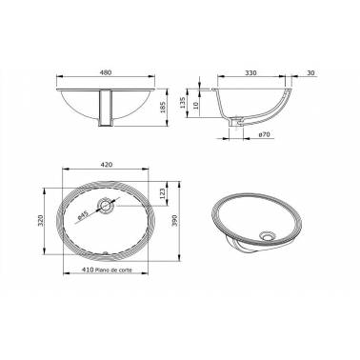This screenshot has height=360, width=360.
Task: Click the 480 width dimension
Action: pyautogui.click(x=107, y=71)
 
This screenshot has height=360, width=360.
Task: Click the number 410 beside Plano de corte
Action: pyautogui.click(x=85, y=270)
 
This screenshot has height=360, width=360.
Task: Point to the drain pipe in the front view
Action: pyautogui.click(x=108, y=106)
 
